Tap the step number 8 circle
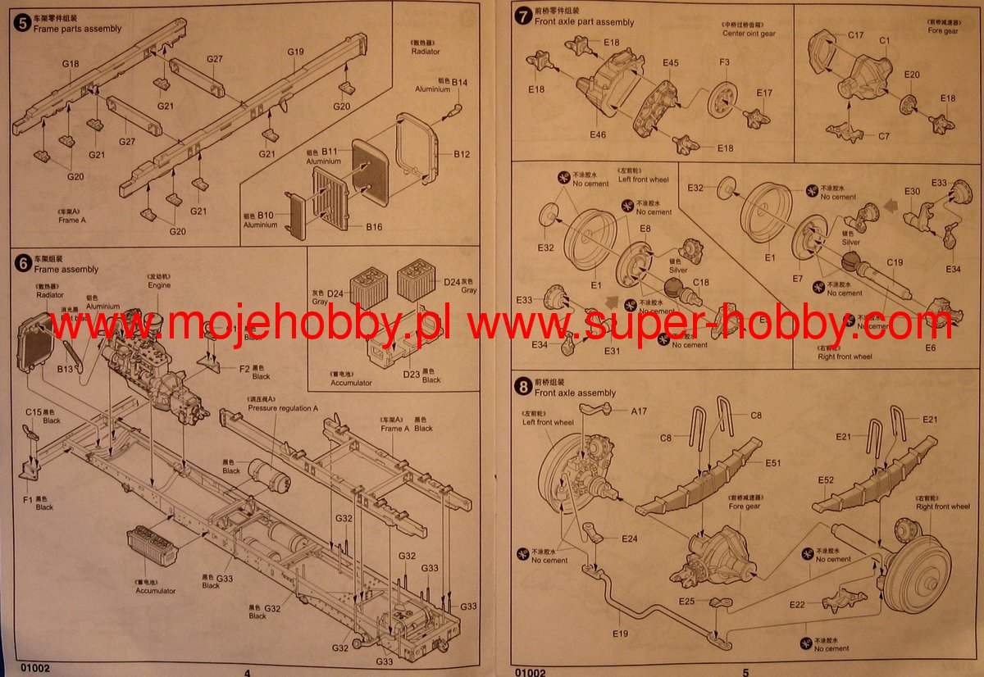pos(522,384)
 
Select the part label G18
pos(70,64)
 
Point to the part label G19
pos(296,52)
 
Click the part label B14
pos(459,82)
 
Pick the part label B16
pos(374,226)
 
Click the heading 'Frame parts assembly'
pos(77,29)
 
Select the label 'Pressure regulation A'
pos(283,408)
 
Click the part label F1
pos(29,498)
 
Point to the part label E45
pos(671,63)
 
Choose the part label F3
pos(724,62)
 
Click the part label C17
pos(856,35)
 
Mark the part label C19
pos(895,263)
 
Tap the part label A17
pos(639,411)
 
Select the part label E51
pos(773,463)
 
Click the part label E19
pos(620,634)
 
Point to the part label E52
pos(826,479)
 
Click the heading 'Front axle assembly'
pos(575,393)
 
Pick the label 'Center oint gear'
pos(749,34)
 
